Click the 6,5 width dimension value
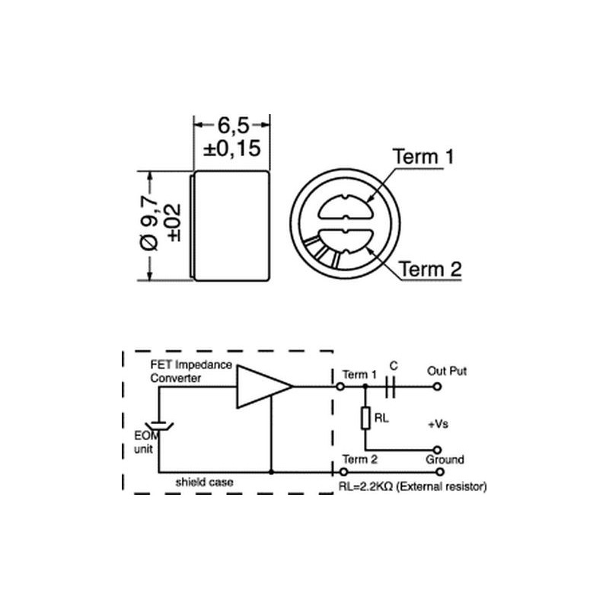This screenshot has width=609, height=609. click(x=233, y=125)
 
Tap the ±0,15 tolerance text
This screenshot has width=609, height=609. click(x=232, y=148)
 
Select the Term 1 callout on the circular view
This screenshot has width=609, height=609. click(x=423, y=157)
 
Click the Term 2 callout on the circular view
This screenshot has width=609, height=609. click(x=430, y=269)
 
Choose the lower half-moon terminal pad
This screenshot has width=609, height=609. click(x=346, y=241)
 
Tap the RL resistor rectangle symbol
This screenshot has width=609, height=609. click(x=365, y=418)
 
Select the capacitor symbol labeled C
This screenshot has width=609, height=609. click(x=391, y=387)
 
